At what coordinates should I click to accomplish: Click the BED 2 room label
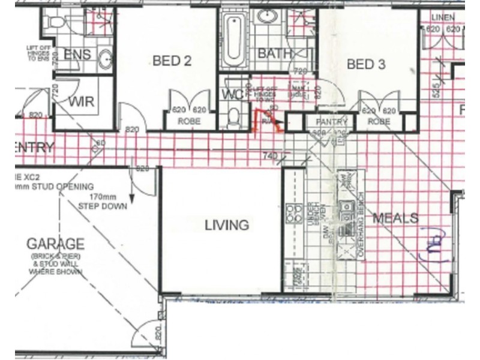(x=172, y=61)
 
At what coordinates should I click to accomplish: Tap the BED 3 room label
(x=365, y=64)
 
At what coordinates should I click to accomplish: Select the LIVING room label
(x=226, y=225)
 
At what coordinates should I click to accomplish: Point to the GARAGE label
(x=55, y=244)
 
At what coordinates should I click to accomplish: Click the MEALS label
(x=395, y=218)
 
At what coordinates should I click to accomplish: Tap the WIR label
(x=81, y=102)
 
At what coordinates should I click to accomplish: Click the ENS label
(x=77, y=55)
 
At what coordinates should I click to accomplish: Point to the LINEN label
(x=443, y=18)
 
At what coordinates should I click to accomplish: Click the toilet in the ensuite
(x=58, y=22)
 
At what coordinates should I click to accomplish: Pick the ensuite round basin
(x=106, y=59)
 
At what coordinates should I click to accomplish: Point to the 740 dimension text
(x=271, y=156)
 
